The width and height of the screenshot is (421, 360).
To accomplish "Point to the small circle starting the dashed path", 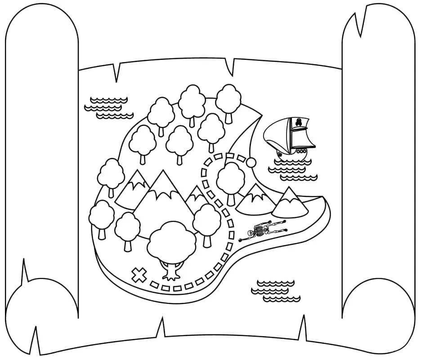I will click(x=252, y=162).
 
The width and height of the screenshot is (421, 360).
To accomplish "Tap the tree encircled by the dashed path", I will click(x=231, y=180).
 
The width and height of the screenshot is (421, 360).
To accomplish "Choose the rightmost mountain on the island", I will click(x=290, y=203).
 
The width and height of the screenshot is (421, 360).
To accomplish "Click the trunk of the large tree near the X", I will click(x=172, y=270).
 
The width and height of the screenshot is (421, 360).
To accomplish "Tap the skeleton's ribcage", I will click(x=260, y=231).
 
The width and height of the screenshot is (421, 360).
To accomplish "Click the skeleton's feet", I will click(x=283, y=225).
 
